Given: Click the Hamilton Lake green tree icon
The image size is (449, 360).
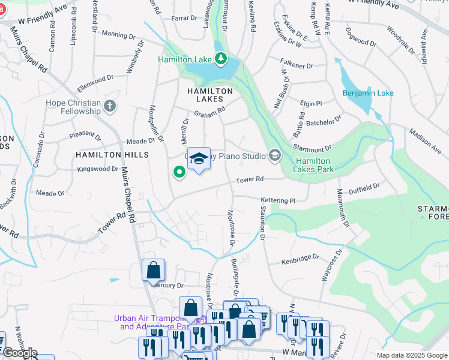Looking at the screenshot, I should click(x=222, y=58).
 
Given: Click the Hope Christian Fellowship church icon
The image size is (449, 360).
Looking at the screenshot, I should click(x=109, y=107).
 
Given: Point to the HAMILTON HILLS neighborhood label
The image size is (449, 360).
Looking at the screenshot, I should click(x=103, y=155).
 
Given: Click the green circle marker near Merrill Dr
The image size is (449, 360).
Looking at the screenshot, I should click(x=179, y=173).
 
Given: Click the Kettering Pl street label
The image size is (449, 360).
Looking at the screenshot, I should click(x=279, y=200).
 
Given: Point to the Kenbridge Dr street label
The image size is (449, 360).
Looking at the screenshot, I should click(x=300, y=259).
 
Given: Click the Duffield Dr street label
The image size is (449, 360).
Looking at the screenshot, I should click(x=364, y=187).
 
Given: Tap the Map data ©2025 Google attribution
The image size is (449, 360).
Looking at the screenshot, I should click(x=411, y=355).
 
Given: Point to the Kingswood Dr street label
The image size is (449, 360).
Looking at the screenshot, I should click(x=98, y=169).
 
